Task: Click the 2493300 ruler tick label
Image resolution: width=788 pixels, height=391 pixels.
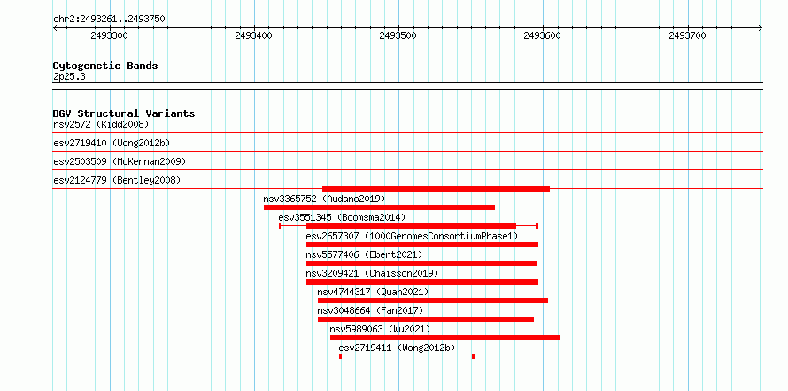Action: [x=110, y=35]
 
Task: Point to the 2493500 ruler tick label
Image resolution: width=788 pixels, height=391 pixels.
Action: [x=398, y=35]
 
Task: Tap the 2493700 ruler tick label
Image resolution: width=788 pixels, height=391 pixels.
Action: [x=687, y=35]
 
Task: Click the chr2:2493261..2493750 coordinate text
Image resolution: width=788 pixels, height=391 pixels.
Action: [x=109, y=20]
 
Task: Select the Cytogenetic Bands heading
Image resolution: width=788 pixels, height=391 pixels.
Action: [x=105, y=66]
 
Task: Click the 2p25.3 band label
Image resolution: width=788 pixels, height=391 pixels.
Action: [x=69, y=76]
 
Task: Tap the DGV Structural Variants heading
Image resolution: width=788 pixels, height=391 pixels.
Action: [x=124, y=113]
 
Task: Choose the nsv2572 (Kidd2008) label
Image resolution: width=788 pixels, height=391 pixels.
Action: [x=101, y=124]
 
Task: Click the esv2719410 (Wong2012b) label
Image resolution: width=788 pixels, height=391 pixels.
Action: [x=112, y=143]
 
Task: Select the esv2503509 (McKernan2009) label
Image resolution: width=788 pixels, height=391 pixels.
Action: [x=120, y=161]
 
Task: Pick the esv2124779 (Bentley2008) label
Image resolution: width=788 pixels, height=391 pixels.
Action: [x=117, y=180]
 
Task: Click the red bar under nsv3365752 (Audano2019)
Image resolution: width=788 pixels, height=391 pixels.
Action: [x=380, y=207]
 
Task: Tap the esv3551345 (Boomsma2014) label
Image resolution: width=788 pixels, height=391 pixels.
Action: [x=342, y=217]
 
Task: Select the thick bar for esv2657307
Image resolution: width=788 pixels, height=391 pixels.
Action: [x=422, y=245]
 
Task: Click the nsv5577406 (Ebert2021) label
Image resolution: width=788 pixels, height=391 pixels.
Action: [x=364, y=254]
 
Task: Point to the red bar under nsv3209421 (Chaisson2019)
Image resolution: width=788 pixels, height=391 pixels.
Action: [x=422, y=282]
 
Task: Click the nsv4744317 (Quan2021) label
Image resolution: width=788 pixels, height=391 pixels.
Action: [x=373, y=292]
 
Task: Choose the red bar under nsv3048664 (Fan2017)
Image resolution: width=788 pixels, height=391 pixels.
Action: [x=426, y=319]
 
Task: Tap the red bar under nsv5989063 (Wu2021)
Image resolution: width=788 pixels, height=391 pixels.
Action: [x=444, y=338]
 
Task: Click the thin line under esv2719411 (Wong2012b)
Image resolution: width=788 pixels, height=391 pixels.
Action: [x=407, y=356]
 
